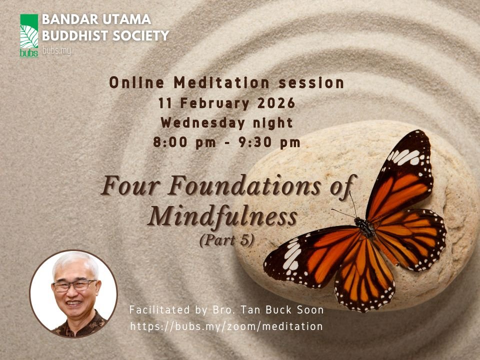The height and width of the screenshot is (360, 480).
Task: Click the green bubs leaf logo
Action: (29, 35)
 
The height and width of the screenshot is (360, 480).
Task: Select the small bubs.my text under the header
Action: (56, 50)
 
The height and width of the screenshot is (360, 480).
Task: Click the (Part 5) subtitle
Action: (226, 239)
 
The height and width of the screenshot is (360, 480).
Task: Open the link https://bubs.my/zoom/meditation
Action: (226, 326)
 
